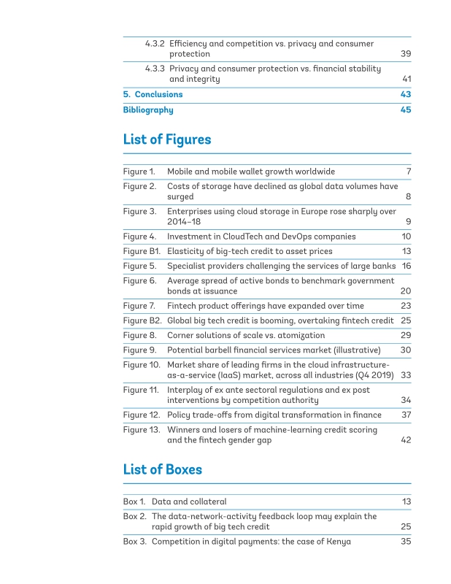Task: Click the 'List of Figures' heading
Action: click(167, 139)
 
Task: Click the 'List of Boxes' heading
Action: click(162, 469)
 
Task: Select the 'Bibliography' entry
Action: click(148, 110)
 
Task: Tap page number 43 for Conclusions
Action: click(406, 95)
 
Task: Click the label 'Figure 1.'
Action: click(139, 172)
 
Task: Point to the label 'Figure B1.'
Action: click(142, 251)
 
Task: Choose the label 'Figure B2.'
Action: click(142, 320)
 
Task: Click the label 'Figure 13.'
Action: click(142, 430)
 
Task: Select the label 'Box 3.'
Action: click(134, 542)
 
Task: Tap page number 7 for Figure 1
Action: click(409, 172)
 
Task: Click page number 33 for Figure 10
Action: click(406, 375)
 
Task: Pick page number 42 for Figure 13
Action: click(406, 441)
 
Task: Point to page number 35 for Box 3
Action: click(406, 542)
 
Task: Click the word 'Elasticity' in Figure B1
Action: click(186, 251)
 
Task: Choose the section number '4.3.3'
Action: click(154, 69)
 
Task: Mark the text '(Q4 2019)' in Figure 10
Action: click(372, 375)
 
